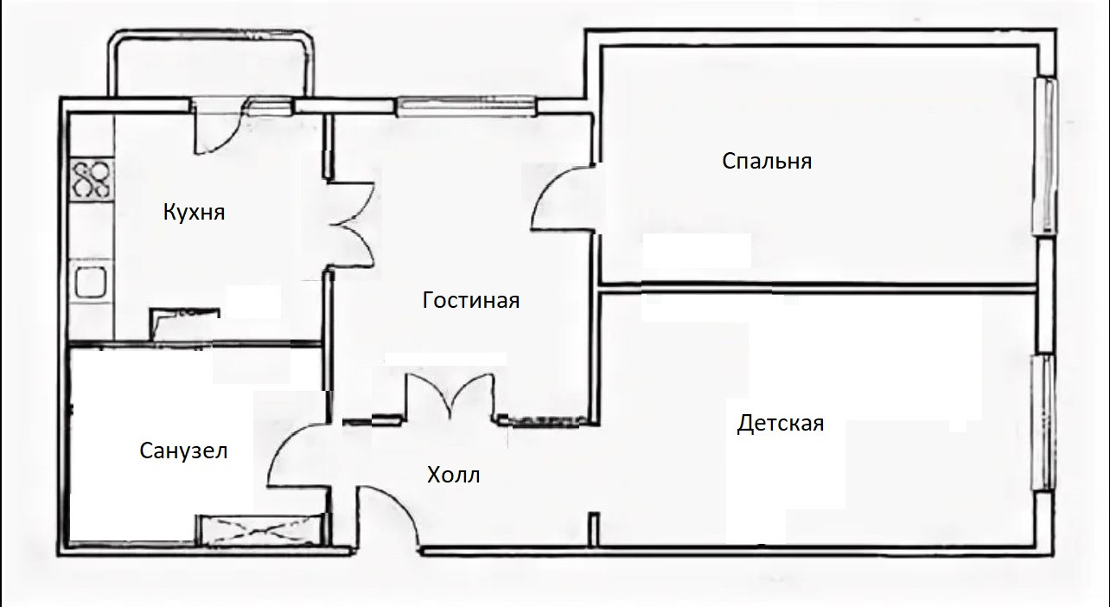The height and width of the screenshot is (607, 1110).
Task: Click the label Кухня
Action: pos(194,212)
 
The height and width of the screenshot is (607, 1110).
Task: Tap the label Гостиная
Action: pos(471,300)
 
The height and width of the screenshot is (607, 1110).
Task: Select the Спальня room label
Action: pos(767,161)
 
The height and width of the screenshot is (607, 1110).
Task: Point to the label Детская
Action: pos(780,424)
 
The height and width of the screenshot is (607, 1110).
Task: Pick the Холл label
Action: pos(453,475)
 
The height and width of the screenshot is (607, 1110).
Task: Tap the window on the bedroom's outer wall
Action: pos(1046,156)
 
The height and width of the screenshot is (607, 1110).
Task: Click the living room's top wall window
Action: pos(467,106)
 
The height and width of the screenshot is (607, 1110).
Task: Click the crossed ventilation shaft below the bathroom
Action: pos(259,529)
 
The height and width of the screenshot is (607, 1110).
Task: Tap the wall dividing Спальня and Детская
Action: pos(817,286)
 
